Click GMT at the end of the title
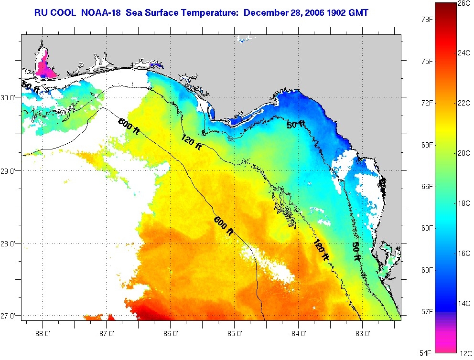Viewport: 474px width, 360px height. (358, 12)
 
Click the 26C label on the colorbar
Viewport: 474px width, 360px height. (464, 3)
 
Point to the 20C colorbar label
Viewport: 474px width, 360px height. (464, 153)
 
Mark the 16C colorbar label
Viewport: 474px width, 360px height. (464, 253)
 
